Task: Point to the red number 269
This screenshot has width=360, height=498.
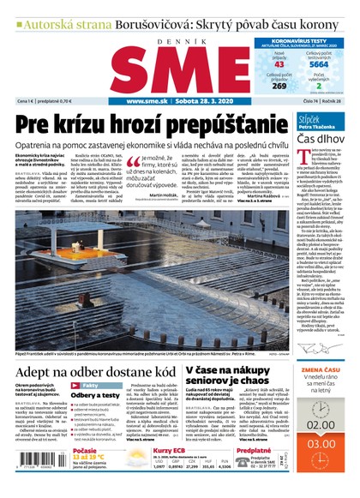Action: tap(279, 86)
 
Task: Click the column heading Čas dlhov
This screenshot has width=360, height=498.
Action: tap(321, 138)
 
